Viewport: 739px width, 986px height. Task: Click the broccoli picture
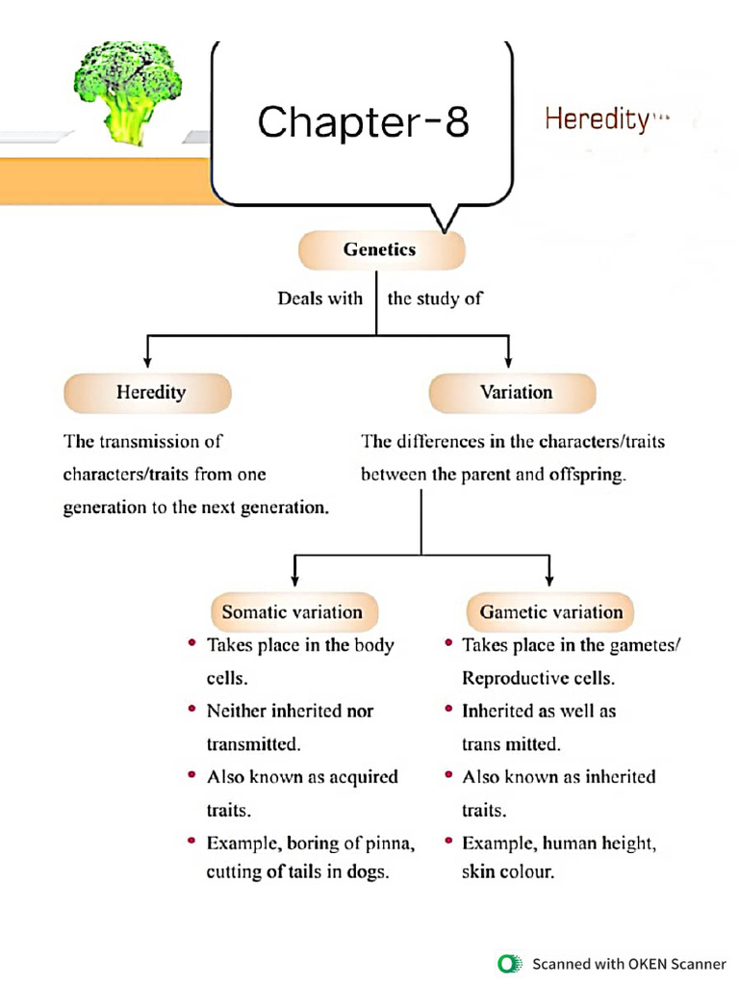(x=126, y=91)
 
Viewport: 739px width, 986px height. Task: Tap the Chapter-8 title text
(x=364, y=122)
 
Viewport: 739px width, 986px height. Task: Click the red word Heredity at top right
(x=597, y=119)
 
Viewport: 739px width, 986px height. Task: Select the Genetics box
(x=380, y=250)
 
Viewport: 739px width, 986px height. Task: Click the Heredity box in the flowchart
(x=150, y=393)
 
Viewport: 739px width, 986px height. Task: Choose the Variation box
(x=516, y=393)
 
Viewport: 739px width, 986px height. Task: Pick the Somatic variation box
(x=293, y=612)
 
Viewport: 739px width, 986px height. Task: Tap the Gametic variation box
(x=550, y=612)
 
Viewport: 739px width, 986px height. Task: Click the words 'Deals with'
(x=319, y=298)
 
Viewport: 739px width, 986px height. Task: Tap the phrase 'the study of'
(x=435, y=298)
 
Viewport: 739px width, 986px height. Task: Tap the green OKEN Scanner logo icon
(x=508, y=963)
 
